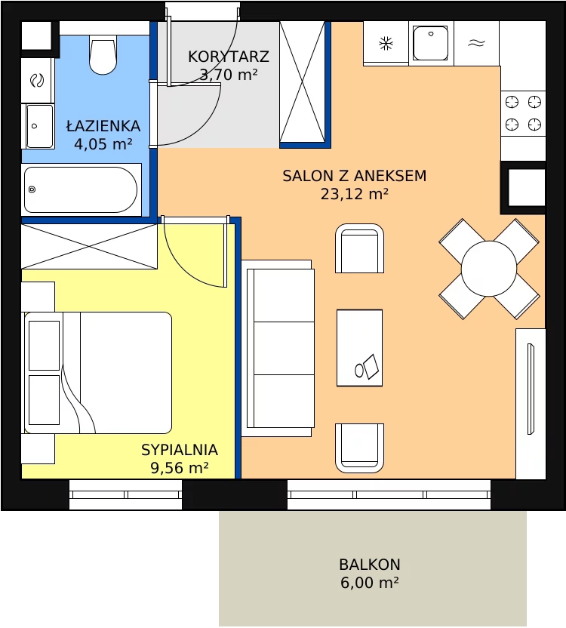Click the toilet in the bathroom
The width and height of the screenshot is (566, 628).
103,54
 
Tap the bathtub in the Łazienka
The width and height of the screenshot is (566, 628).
81,189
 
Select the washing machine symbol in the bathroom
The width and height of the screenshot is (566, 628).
37,81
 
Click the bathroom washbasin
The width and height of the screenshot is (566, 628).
40,126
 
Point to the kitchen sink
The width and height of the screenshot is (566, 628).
431,43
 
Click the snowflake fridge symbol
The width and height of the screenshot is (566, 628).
386,43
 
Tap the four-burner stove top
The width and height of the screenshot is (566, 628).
523,113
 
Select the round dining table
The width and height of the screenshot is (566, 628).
489,269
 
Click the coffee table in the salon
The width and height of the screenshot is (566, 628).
359,348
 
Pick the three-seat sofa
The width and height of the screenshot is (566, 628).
278,348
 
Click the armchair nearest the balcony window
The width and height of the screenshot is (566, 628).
359,448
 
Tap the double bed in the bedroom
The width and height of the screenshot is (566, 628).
98,372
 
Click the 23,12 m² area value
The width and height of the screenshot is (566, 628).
355,194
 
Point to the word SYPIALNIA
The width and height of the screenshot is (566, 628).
180,450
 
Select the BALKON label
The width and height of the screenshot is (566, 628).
369,565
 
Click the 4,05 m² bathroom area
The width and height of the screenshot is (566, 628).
103,143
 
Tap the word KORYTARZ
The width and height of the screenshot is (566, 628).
229,57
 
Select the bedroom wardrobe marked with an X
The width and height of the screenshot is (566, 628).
89,246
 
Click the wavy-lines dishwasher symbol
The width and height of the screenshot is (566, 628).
477,43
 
